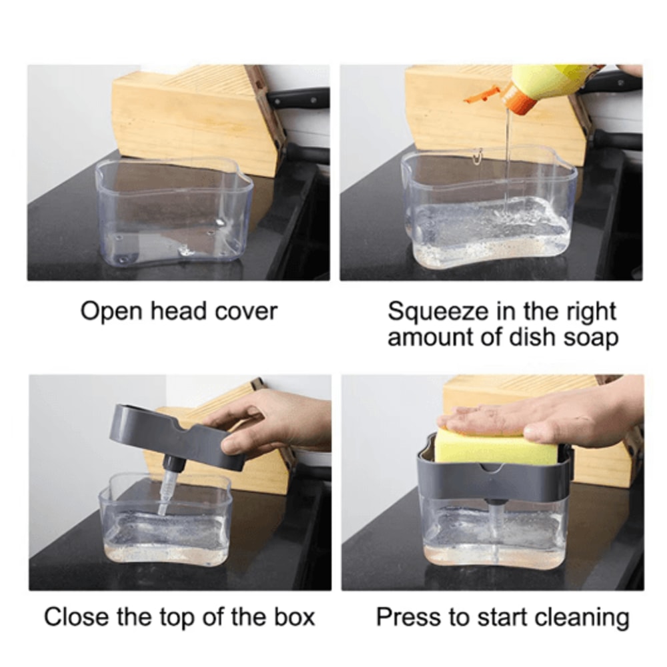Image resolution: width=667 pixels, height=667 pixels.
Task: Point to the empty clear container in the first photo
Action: (173, 212)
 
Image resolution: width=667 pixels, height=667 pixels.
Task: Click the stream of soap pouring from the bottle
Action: (508, 161)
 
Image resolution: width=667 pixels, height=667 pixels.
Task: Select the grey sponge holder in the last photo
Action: (494, 476)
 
